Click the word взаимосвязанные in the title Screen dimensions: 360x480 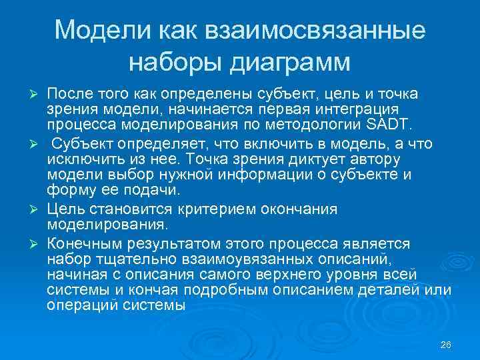point(316,31)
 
